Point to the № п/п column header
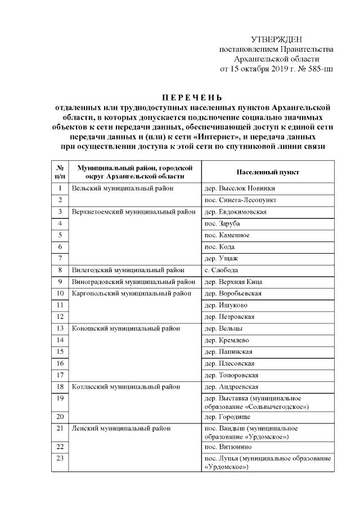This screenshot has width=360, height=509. coord(59,172)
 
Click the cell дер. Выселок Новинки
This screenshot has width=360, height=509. coord(240,188)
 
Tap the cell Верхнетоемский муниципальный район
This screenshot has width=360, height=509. coord(134,212)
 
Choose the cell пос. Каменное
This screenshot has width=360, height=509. coord(227,235)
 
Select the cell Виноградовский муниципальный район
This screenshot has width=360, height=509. coord(134,282)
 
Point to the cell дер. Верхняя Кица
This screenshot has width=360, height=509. coord(233,282)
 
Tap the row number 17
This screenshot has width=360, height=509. coord(59,375)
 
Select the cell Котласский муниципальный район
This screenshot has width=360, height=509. coord(127,387)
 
